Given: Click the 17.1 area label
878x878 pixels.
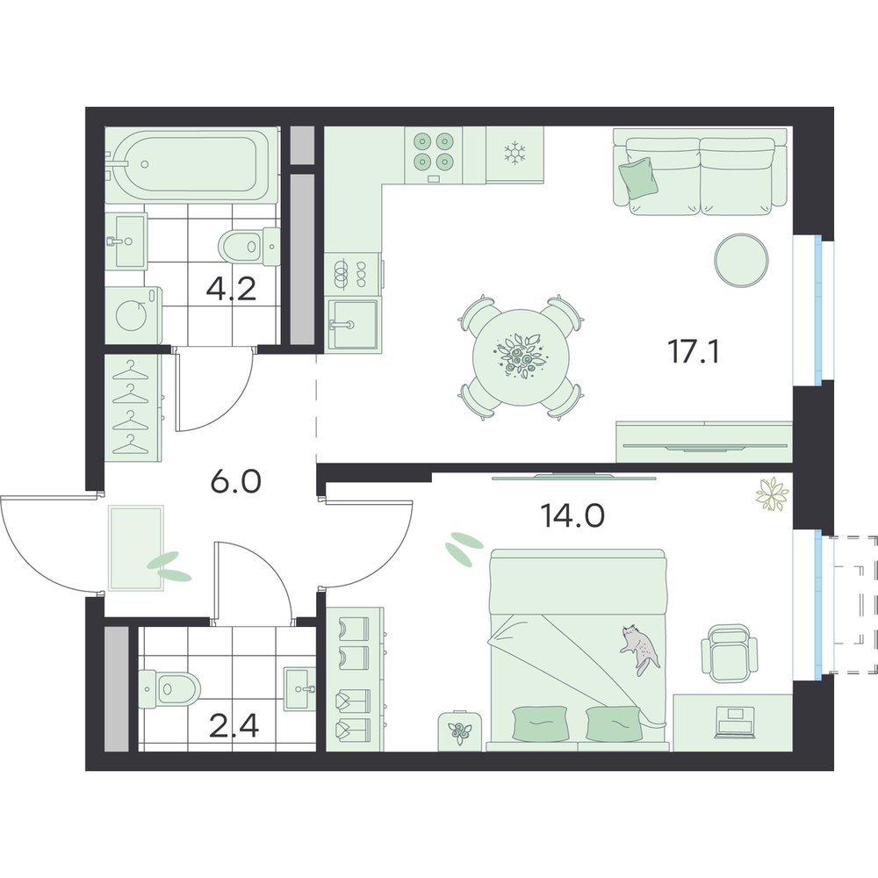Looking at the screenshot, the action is [x=694, y=352].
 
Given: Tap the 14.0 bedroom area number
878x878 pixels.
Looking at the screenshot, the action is [x=572, y=515].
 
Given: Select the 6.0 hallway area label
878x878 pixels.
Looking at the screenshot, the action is [x=235, y=480].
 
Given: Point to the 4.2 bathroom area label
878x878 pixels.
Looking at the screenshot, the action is [x=231, y=289].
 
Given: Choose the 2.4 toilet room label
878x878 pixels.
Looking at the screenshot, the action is [x=233, y=726].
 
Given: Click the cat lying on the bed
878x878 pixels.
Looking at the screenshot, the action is [x=639, y=649].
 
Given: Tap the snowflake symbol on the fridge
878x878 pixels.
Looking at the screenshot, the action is [x=514, y=153].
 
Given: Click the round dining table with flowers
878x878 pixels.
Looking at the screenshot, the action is [x=517, y=356].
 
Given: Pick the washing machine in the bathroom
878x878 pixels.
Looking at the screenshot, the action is [x=133, y=315].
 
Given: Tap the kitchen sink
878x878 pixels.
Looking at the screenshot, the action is [x=353, y=325].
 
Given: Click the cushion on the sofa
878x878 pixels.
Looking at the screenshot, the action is [x=637, y=177].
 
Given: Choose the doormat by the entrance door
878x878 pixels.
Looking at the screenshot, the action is [x=137, y=547].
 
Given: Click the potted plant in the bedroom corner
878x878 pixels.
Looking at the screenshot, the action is [x=772, y=493].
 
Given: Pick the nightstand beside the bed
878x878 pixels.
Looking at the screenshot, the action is [x=460, y=730].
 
